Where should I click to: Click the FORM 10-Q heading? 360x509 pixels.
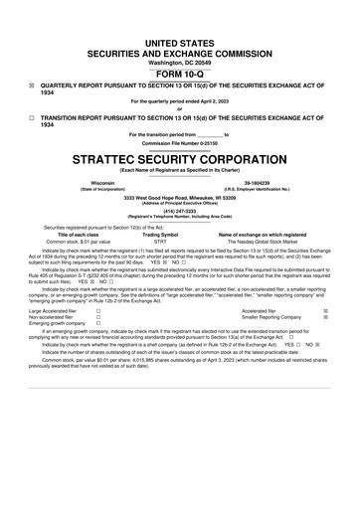point(179,48)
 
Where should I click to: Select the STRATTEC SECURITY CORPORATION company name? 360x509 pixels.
point(179,158)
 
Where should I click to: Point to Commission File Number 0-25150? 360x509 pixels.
point(179,142)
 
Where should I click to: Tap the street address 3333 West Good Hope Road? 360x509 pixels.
point(179,197)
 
